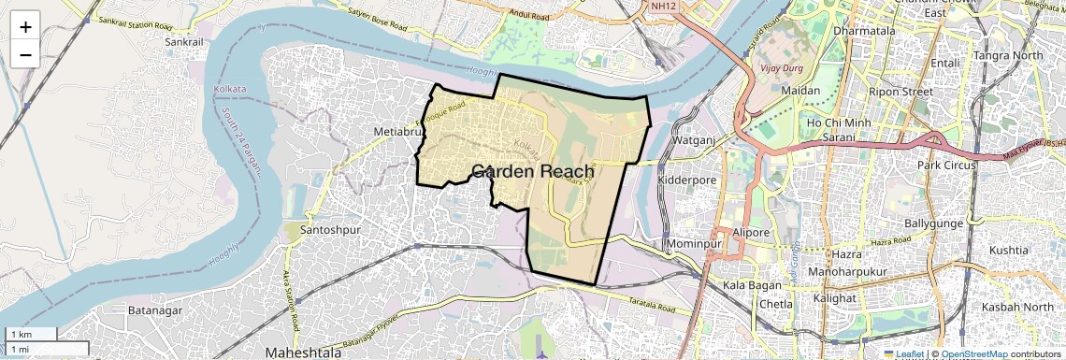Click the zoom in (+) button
pos(25,26)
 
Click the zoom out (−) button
pos(25,55)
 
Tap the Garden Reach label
pos(532,171)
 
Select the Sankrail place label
pos(183,42)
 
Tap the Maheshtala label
pos(305,353)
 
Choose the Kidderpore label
pos(686,179)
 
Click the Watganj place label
pos(693,140)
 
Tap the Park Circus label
pos(945,166)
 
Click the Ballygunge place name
pos(936,225)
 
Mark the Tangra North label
pos(1008,55)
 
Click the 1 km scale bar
pos(30,335)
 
